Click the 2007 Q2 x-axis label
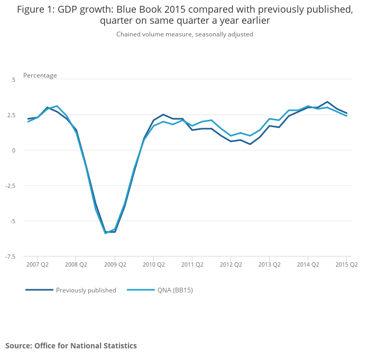pyautogui.click(x=38, y=264)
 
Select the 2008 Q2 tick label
pyautogui.click(x=76, y=264)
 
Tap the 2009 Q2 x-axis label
pyautogui.click(x=115, y=264)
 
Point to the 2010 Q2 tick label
pyautogui.click(x=153, y=264)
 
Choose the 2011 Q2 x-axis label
pyautogui.click(x=192, y=264)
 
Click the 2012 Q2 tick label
pyautogui.click(x=230, y=264)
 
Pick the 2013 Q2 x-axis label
pyautogui.click(x=269, y=264)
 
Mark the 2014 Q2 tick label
pyautogui.click(x=308, y=264)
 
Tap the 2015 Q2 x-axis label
pyautogui.click(x=346, y=264)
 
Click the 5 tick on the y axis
pyautogui.click(x=14, y=79)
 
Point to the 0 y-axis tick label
pyautogui.click(x=14, y=150)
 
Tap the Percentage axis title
pyautogui.click(x=40, y=75)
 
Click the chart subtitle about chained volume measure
pyautogui.click(x=184, y=34)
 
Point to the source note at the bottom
pyautogui.click(x=71, y=346)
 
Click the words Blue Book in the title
pyautogui.click(x=152, y=10)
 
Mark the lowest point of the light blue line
pyautogui.click(x=105, y=233)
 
